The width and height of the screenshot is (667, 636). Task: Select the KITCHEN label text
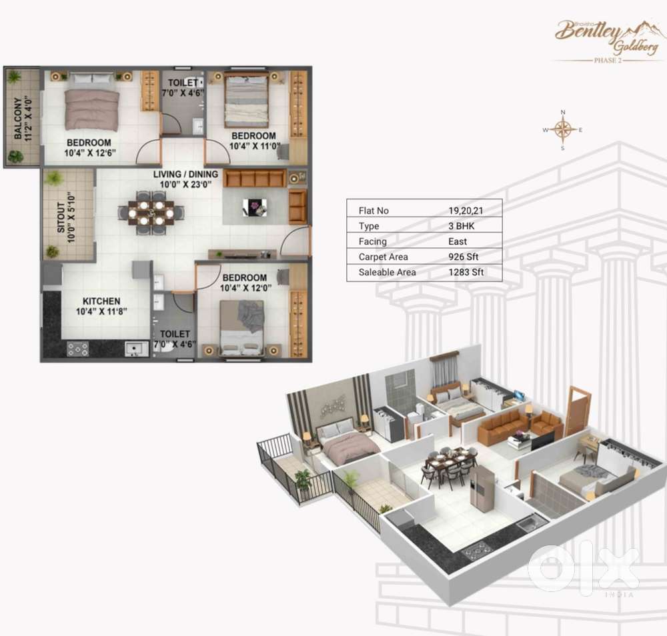click(101, 301)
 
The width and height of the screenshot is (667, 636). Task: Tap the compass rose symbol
click(564, 129)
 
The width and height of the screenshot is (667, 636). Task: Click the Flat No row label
click(374, 211)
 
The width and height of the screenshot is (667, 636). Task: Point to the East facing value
click(458, 241)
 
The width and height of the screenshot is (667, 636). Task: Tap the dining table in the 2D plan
click(151, 213)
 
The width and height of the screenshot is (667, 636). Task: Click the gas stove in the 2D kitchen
click(78, 348)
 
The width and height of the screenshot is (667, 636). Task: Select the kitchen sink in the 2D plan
click(135, 347)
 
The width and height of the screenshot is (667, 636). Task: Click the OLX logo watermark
click(582, 569)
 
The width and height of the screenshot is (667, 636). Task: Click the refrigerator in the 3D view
click(482, 487)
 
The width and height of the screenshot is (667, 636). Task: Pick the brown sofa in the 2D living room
click(255, 179)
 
